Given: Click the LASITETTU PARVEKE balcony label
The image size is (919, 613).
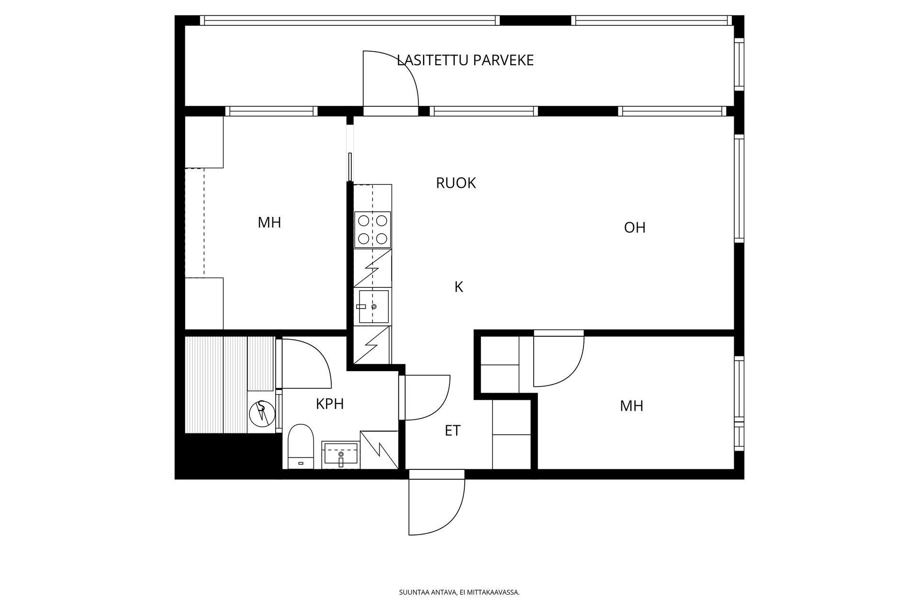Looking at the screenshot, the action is pos(465,60).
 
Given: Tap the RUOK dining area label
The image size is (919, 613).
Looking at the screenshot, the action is pos(456,183).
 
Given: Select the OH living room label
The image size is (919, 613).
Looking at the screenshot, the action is pos(635,227).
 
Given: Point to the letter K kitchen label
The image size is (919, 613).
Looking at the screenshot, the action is pos(459,287).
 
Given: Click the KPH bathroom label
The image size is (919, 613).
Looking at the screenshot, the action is pos(330,404).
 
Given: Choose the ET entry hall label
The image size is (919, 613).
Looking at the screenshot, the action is pos(452,431).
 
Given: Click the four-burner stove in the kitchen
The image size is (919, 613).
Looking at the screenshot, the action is pos(373,229).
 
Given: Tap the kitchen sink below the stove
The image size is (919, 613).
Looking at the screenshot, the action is pos(373,306).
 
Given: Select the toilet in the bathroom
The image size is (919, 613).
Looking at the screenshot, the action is pos(301,446).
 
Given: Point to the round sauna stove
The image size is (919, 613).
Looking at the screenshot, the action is pos(262,411).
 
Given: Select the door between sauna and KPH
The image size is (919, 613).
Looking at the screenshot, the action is pos(306,364).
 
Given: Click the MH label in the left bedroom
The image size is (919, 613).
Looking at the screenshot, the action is pos(269,223).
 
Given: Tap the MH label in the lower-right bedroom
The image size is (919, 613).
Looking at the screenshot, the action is pos(631,406).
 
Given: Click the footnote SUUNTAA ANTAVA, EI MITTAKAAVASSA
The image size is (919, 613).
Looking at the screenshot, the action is pos(459,592).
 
